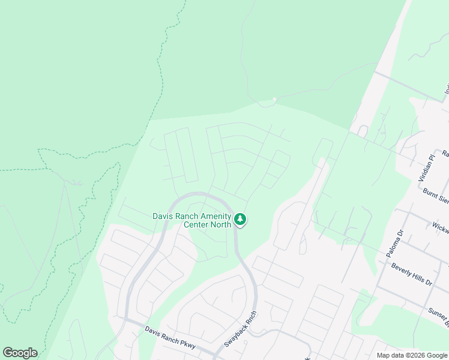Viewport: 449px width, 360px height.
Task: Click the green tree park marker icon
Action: pyautogui.click(x=241, y=220)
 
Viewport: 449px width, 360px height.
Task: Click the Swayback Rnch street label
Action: pyautogui.click(x=241, y=329)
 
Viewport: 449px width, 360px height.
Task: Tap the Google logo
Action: pyautogui.click(x=20, y=353)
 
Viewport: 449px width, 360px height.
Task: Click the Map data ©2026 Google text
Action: pyautogui.click(x=412, y=355)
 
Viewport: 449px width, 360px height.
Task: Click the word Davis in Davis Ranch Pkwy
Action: pyautogui.click(x=155, y=332)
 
